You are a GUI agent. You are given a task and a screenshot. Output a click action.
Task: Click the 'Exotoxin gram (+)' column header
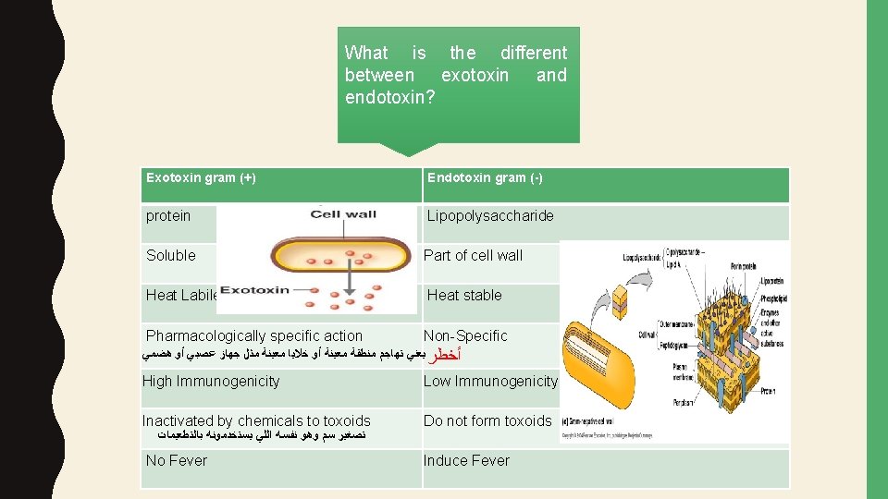[x=201, y=177]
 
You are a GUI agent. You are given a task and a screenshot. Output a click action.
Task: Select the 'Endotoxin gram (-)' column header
[x=485, y=177]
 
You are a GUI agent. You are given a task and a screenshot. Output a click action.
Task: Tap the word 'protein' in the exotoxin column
[x=168, y=216]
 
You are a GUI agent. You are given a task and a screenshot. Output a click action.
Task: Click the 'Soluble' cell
[x=171, y=256]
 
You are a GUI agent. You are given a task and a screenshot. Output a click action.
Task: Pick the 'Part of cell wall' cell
[x=473, y=256]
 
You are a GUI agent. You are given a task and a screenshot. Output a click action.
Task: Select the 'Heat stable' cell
[x=464, y=296]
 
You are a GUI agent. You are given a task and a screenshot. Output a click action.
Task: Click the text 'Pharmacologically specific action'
[x=254, y=336]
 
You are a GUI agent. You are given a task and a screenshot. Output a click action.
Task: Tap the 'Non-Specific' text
[x=465, y=336]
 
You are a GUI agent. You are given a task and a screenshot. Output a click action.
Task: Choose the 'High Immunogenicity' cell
[x=211, y=382]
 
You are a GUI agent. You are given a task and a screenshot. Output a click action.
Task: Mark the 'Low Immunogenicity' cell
[x=490, y=382]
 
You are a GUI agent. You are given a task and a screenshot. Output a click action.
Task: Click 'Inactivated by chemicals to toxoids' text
[x=256, y=421]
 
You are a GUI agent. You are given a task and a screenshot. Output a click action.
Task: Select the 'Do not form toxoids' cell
[x=487, y=421]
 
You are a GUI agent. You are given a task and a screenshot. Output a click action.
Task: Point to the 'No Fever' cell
[x=177, y=461]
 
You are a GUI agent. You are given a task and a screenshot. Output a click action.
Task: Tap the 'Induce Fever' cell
[x=466, y=461]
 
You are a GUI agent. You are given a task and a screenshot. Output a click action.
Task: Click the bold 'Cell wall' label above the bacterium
[x=343, y=214]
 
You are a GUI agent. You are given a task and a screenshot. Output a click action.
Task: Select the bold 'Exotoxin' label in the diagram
[x=254, y=290]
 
